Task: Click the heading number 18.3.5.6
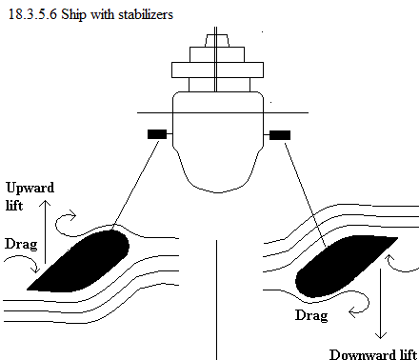(x=32, y=14)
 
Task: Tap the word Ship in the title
(x=73, y=15)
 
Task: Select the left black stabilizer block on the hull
(x=157, y=134)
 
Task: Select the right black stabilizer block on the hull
(x=280, y=135)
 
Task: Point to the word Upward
(x=30, y=188)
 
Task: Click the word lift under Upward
(x=14, y=206)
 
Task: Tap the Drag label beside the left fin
(x=21, y=244)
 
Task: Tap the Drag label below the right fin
(x=311, y=315)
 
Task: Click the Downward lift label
(x=373, y=354)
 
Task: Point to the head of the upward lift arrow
(x=45, y=201)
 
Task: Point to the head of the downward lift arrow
(x=380, y=338)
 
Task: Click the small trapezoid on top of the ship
(x=216, y=41)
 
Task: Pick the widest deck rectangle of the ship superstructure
(x=217, y=70)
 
